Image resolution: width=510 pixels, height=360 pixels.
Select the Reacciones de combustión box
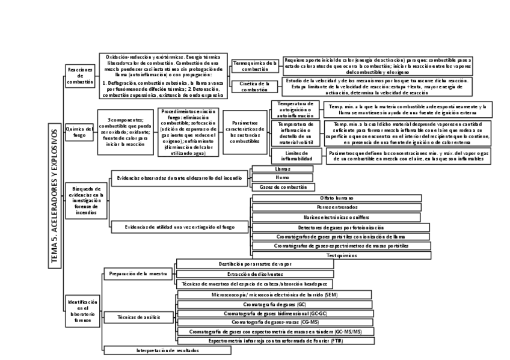(x=81, y=76)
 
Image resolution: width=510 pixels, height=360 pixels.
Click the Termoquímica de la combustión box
(x=255, y=65)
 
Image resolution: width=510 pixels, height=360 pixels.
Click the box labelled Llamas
(x=282, y=169)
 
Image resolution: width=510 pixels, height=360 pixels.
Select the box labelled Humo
(x=282, y=178)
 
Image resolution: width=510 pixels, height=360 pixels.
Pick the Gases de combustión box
(x=282, y=188)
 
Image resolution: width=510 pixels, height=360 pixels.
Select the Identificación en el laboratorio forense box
(x=80, y=311)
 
